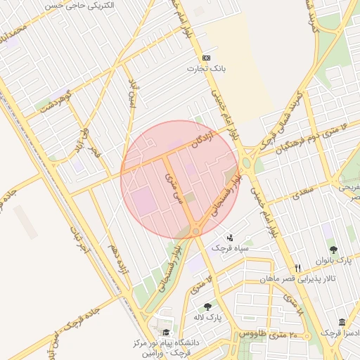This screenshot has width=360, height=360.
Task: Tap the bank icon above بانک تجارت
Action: (206, 58)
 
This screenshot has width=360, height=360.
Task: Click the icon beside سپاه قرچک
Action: (229, 238)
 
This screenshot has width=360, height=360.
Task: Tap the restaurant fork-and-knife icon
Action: (298, 268)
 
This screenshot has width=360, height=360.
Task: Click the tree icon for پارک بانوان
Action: (333, 250)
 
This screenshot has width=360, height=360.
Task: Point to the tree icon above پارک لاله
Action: (207, 307)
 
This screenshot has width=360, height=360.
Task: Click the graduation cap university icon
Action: (166, 333)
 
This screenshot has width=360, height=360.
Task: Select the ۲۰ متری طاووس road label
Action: (266, 333)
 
